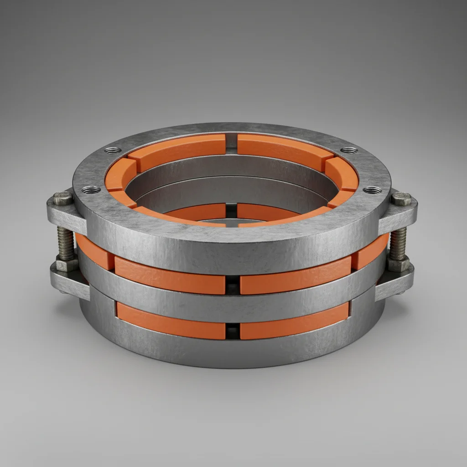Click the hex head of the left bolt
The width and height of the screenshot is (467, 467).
(x=62, y=198)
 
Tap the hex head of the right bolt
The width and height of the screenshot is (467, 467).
(x=401, y=198)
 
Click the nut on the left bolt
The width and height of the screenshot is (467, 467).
(x=67, y=265)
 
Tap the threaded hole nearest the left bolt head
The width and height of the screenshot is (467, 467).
(x=91, y=189)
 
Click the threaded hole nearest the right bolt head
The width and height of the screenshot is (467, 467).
(x=373, y=189)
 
